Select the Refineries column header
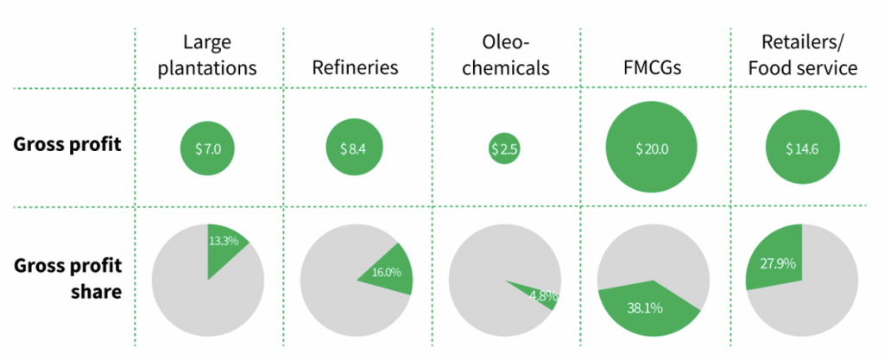click(357, 67)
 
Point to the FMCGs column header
click(652, 67)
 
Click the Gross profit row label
click(67, 144)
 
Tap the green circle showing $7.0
click(208, 148)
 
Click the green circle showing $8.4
click(357, 148)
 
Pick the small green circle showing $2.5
click(504, 148)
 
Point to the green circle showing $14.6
click(802, 148)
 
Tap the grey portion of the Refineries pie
click(332, 285)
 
